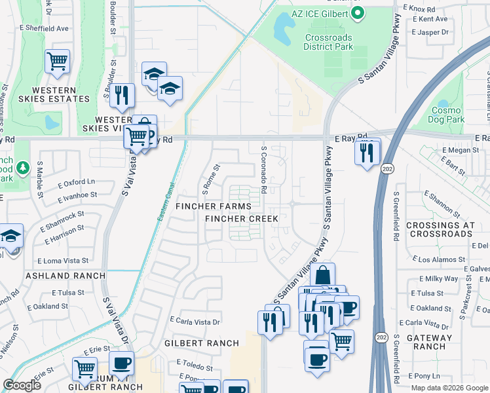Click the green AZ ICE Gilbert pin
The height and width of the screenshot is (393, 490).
(x=358, y=14)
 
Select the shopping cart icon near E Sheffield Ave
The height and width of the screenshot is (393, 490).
(x=58, y=62)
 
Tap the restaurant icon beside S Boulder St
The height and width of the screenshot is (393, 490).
(x=122, y=95)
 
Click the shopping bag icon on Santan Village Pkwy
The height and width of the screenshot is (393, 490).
(x=322, y=275)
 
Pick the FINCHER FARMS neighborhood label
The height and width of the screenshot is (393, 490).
(x=213, y=206)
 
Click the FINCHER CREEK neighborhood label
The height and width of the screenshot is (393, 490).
(x=242, y=218)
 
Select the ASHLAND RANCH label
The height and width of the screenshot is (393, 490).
(x=66, y=276)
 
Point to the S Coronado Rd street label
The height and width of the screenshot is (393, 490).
(x=263, y=174)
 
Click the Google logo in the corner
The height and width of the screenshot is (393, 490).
(x=22, y=384)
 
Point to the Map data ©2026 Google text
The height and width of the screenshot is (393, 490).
(x=449, y=388)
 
